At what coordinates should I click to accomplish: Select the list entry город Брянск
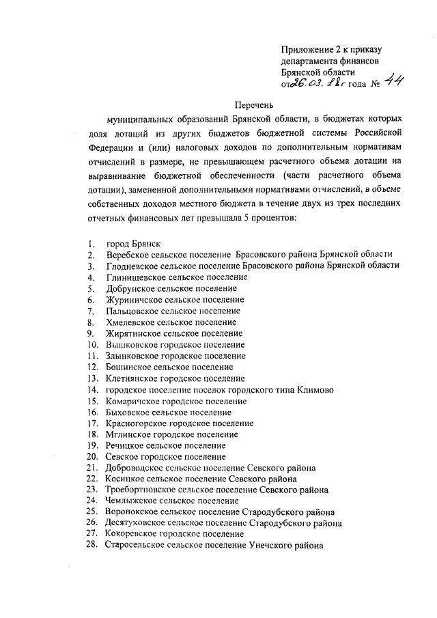[134, 244]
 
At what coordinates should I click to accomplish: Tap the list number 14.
[93, 390]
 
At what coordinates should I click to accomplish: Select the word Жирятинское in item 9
[135, 333]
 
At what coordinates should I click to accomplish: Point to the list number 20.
[93, 456]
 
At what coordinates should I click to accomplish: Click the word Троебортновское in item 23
[143, 490]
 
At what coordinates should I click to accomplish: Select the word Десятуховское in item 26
[139, 523]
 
